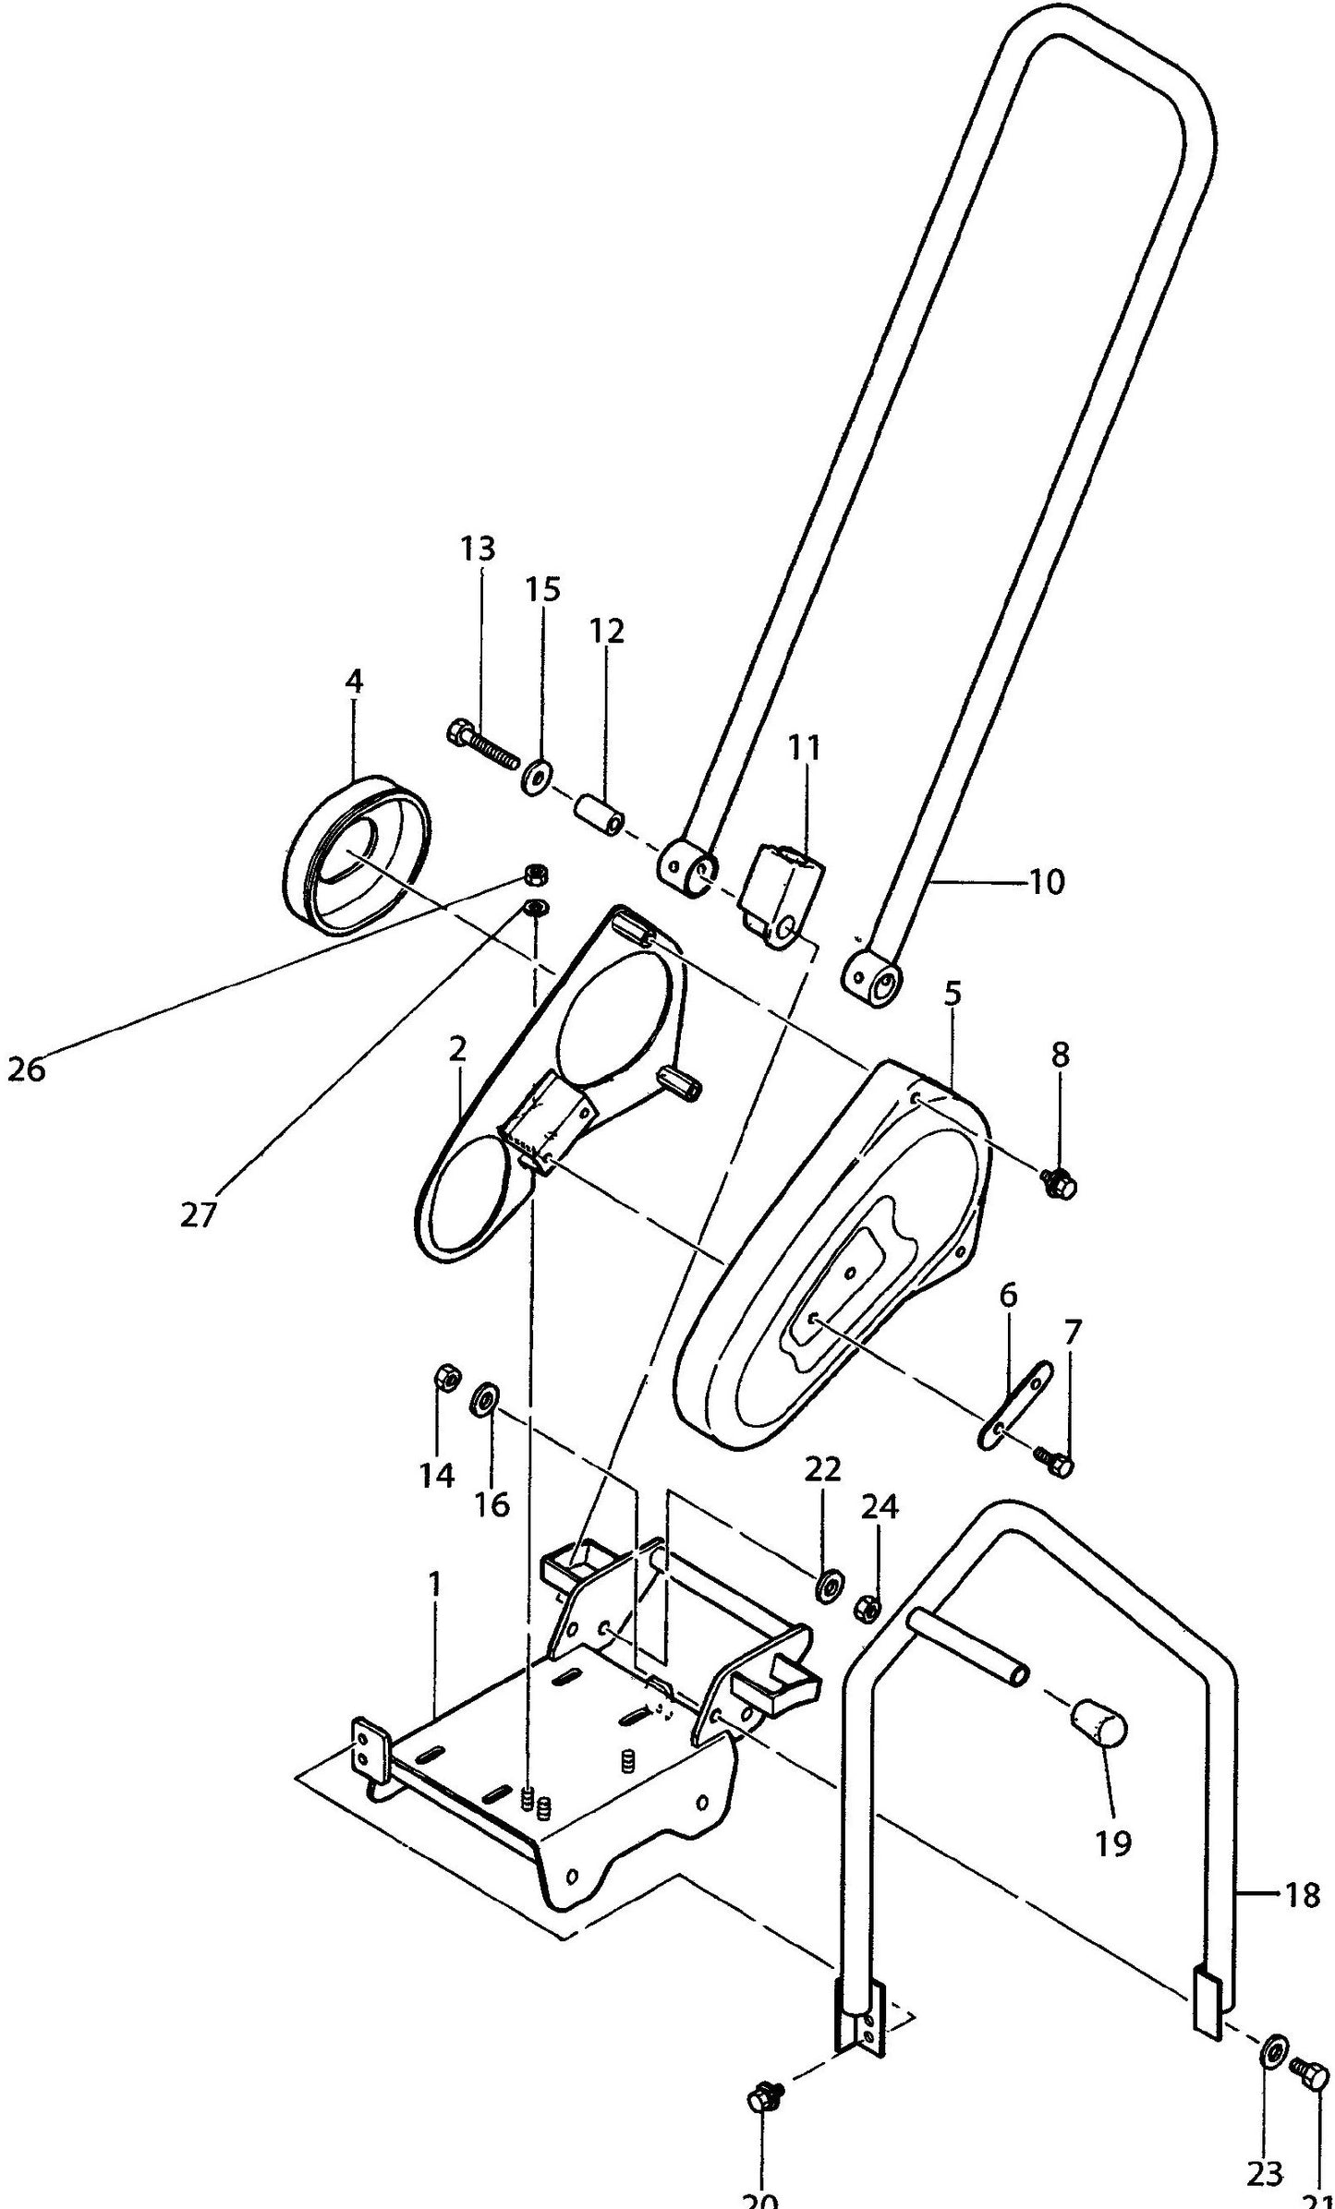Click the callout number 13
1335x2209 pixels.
[x=478, y=548]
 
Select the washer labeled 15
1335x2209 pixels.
[x=535, y=776]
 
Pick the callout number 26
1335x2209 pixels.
[x=26, y=1069]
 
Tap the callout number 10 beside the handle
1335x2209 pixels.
[x=1046, y=882]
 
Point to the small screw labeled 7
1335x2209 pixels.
[x=1055, y=1461]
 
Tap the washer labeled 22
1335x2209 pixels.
[x=826, y=1587]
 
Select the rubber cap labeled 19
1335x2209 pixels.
[x=1098, y=1724]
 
